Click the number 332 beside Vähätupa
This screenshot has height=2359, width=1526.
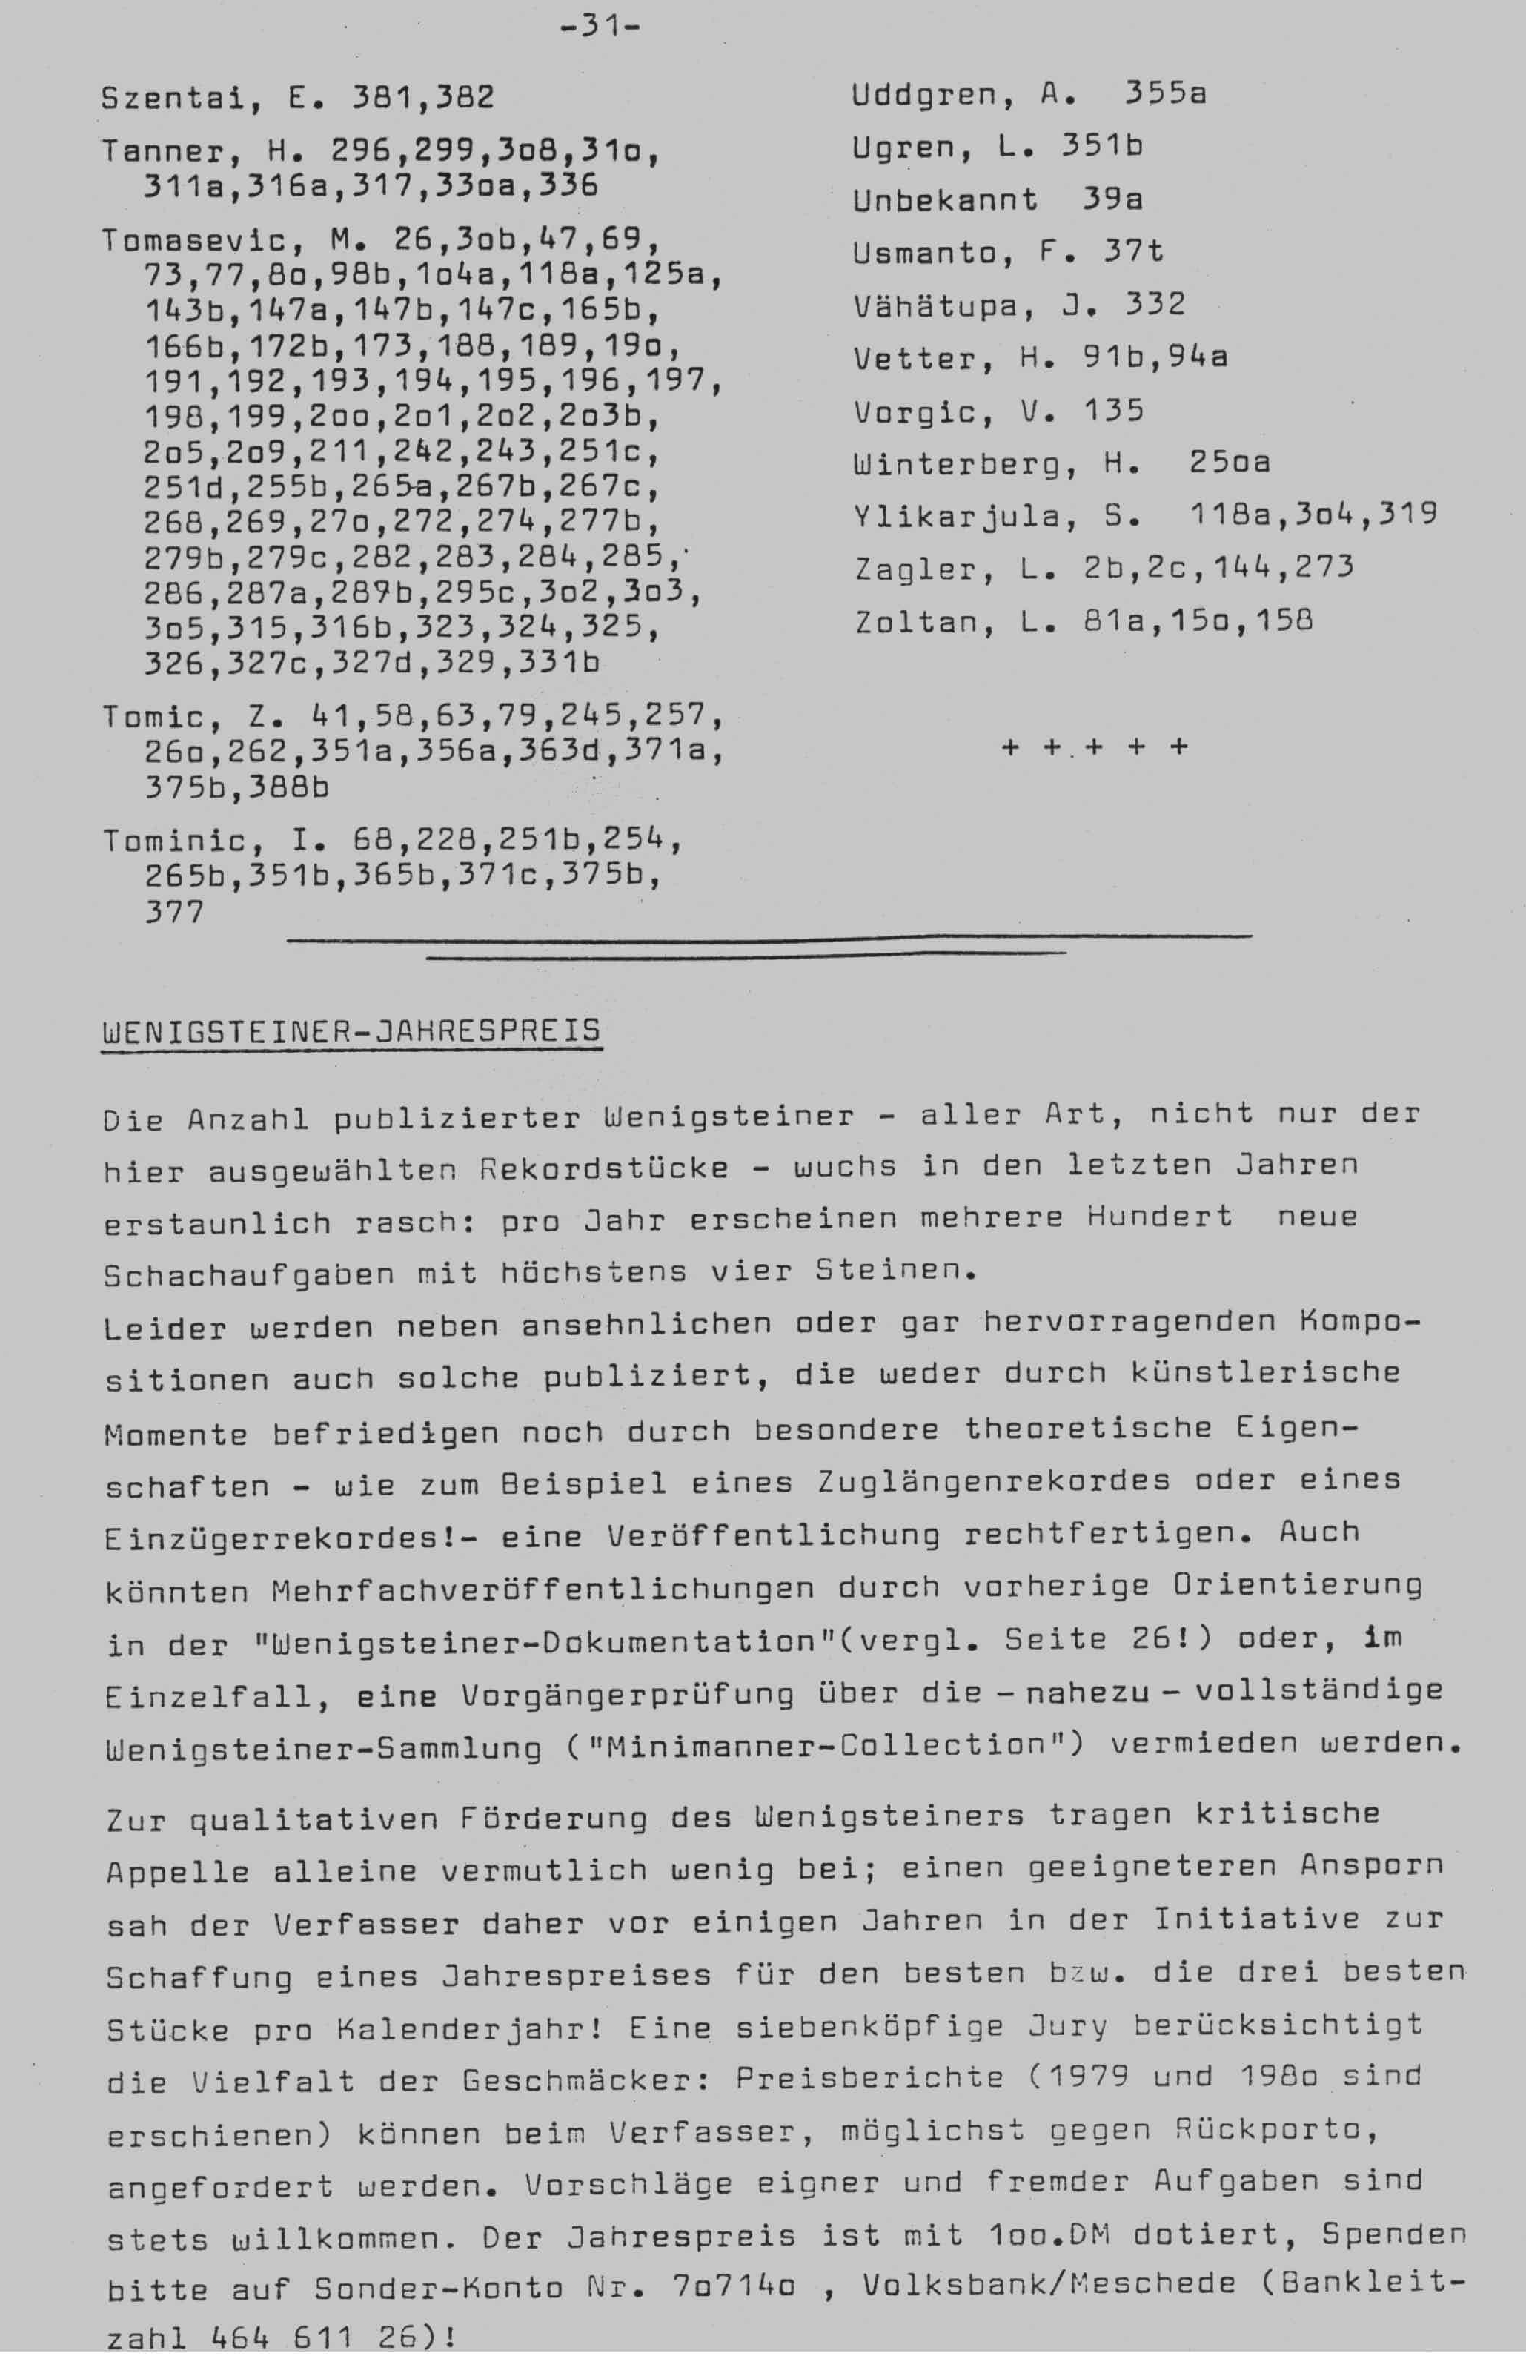pos(1155,304)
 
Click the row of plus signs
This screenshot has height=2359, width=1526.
pos(1094,747)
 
